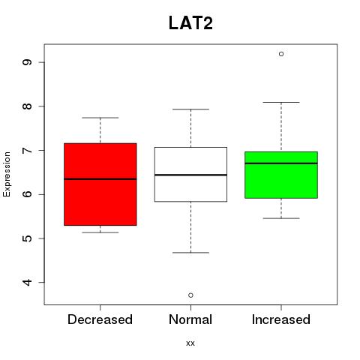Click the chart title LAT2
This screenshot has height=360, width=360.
[x=190, y=23]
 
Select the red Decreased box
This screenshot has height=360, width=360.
[x=100, y=184]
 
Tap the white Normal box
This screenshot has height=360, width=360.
[x=190, y=174]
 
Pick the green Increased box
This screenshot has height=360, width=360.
[x=281, y=175]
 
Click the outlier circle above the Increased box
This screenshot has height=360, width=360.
[x=281, y=54]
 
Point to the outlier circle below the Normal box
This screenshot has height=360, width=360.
[x=190, y=295]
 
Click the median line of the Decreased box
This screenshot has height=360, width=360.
[x=100, y=179]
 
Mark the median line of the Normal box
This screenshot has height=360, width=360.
[x=190, y=175]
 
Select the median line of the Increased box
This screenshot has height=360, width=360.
[x=281, y=163]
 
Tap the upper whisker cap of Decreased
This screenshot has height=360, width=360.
[x=100, y=118]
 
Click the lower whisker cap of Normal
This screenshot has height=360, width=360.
[x=190, y=253]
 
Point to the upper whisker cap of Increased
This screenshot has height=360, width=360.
[x=281, y=102]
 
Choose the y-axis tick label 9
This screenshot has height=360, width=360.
[x=27, y=62]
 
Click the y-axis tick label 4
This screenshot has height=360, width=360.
[x=27, y=283]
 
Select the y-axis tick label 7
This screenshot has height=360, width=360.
[x=27, y=150]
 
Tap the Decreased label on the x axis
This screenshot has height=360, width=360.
[x=100, y=319]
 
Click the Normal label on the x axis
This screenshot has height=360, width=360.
[x=190, y=319]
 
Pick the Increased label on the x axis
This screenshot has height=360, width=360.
[x=281, y=319]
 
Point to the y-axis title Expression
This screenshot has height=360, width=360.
[x=7, y=174]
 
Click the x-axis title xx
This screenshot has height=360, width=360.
[x=190, y=343]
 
